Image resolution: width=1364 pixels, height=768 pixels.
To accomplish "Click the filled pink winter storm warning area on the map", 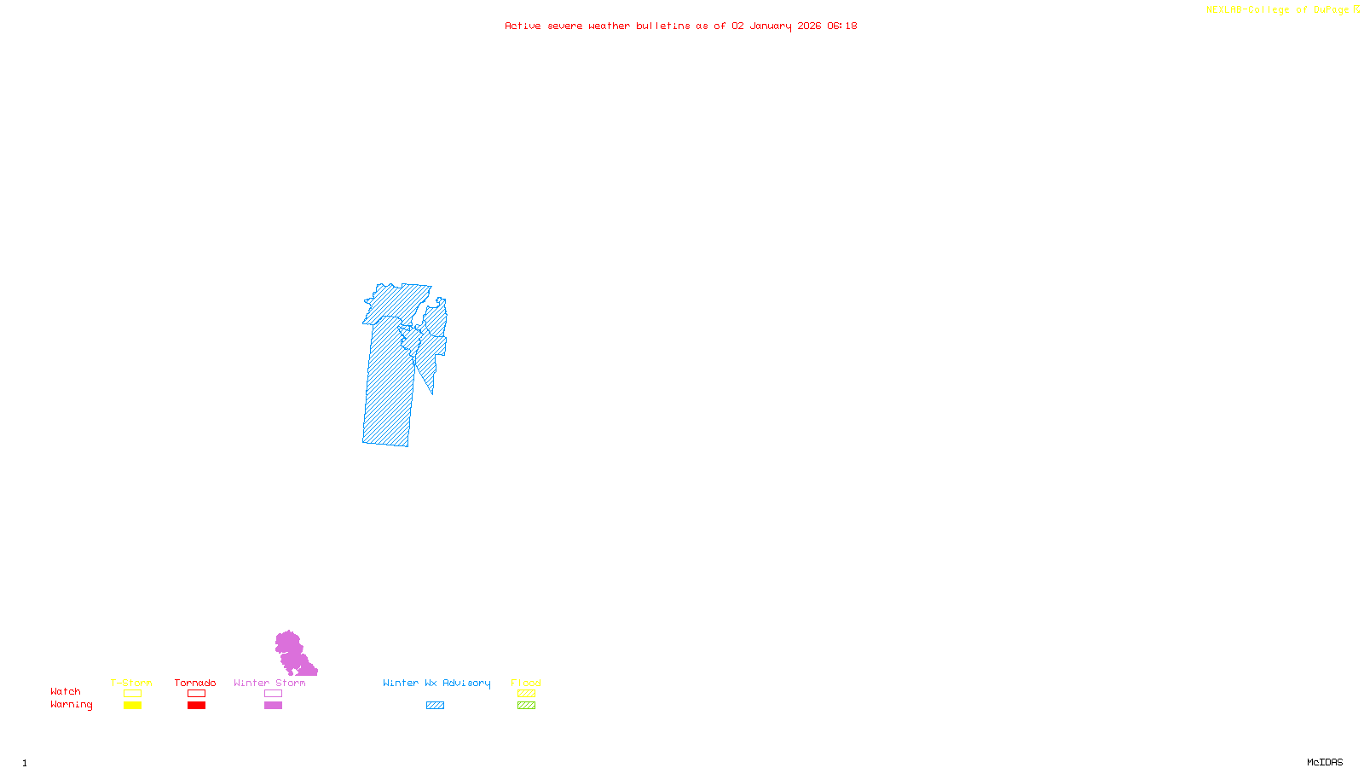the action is [291, 652].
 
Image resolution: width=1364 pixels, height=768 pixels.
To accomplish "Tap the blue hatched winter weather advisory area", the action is [389, 384].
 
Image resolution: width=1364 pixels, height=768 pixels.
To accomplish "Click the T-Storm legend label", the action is [131, 683].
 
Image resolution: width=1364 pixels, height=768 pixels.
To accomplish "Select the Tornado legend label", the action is [195, 683].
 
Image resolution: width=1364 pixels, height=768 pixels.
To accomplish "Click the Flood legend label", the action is [526, 683].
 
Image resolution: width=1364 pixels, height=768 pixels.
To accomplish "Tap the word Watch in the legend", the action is [66, 691].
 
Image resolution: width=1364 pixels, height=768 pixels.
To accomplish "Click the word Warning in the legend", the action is [71, 705].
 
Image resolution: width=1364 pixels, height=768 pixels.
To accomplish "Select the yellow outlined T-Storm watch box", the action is [132, 694].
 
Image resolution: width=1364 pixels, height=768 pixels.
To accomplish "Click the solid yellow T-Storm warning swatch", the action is [132, 706].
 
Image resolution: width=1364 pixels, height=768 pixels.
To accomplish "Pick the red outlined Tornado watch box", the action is [196, 694].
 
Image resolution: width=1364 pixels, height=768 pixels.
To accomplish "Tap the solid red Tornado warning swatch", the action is [196, 706].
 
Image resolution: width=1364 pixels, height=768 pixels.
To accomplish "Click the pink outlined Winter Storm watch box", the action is [273, 694].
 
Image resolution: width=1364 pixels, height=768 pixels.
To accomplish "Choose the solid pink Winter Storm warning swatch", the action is [273, 706].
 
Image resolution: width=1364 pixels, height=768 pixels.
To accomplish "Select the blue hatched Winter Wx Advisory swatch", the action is [435, 706].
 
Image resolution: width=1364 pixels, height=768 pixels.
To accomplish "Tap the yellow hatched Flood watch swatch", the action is [526, 694].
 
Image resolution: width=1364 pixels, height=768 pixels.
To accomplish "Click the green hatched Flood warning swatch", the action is [526, 706].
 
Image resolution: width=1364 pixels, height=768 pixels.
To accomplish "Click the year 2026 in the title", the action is [809, 26].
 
